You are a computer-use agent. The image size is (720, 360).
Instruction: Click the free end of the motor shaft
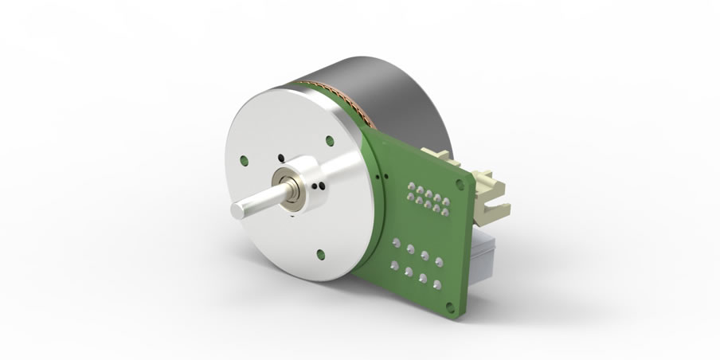click(237, 209)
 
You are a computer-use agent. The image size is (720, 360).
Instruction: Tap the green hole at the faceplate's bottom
click(320, 255)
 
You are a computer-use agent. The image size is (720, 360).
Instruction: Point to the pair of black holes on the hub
click(319, 186)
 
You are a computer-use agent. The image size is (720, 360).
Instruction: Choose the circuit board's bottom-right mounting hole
click(452, 304)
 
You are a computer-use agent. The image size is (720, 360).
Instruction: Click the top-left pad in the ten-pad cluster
click(410, 186)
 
